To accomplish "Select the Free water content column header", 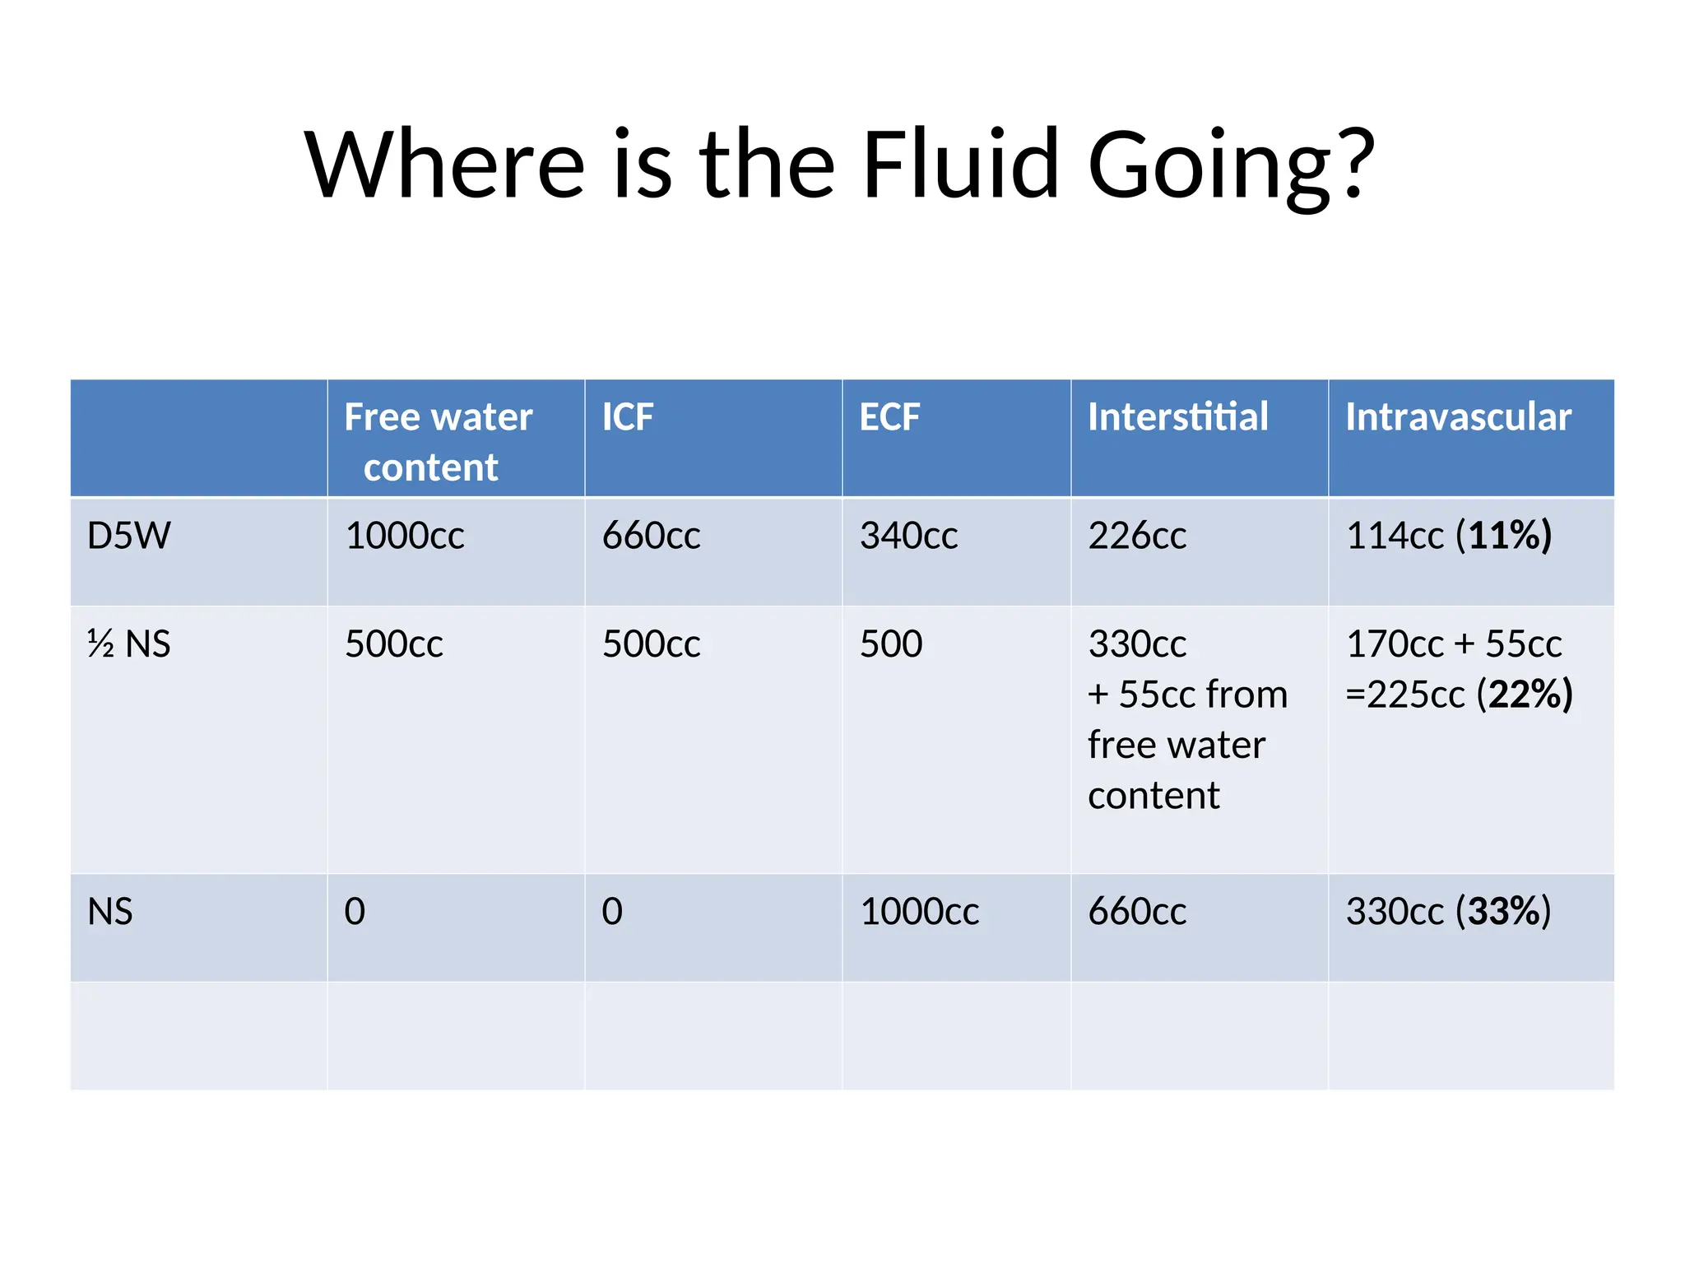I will point(437,441).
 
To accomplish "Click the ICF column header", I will point(628,417).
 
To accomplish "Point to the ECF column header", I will point(889,417).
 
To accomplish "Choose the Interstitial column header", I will point(1177,417).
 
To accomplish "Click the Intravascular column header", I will point(1458,417).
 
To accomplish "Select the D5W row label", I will point(129,536).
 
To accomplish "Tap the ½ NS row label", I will point(128,644).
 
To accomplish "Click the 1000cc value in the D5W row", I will point(404,536).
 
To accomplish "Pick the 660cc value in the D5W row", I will point(651,536).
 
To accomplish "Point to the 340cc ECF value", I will point(908,536).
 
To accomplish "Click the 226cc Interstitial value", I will point(1137,536).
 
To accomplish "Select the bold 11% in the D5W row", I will point(1504,536).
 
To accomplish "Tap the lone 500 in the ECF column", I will point(891,644).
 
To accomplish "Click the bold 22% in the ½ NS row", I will point(1525,695).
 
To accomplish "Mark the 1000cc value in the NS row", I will point(919,912).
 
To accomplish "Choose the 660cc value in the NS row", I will point(1137,912).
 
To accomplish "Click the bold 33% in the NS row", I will point(1504,912).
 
